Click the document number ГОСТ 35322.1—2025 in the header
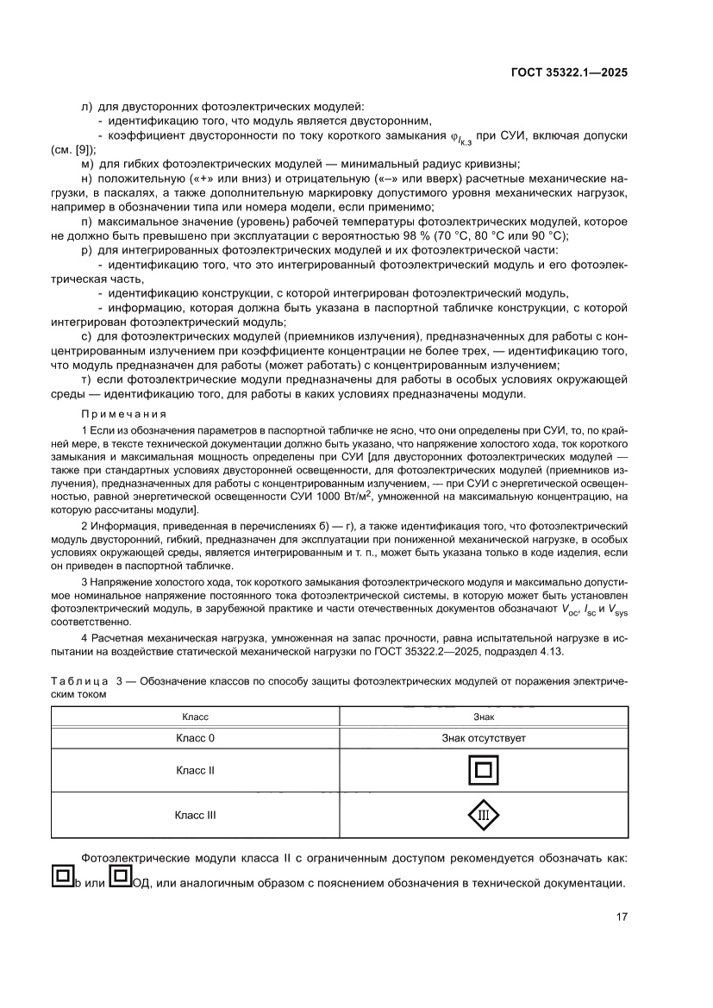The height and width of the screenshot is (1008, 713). click(x=567, y=72)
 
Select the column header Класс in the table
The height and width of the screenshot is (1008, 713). click(x=195, y=717)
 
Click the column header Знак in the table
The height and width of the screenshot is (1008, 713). click(x=484, y=717)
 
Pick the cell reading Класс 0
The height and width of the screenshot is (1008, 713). click(x=195, y=738)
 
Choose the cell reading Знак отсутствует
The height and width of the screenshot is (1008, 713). click(x=484, y=738)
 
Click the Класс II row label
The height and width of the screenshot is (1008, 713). click(x=195, y=770)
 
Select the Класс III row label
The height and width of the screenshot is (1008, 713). click(x=195, y=814)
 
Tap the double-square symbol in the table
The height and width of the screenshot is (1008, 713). click(x=484, y=770)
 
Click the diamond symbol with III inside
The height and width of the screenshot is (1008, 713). click(x=484, y=815)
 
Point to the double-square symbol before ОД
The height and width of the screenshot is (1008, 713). click(x=121, y=878)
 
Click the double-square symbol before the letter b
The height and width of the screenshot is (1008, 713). click(x=61, y=878)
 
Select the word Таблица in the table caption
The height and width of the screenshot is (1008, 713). click(x=81, y=681)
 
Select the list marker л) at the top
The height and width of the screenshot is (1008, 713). click(x=85, y=106)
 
